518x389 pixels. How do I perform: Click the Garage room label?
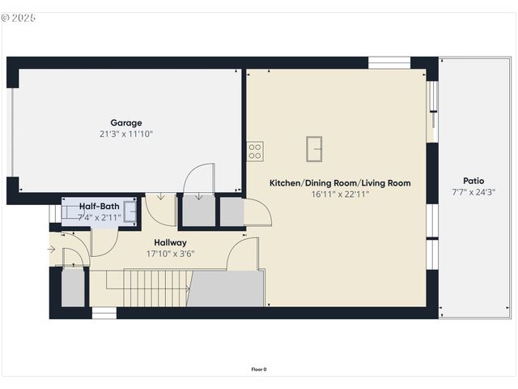126,123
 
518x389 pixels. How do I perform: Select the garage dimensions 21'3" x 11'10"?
126,134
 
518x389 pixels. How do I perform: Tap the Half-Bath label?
99,207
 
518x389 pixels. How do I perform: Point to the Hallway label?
170,242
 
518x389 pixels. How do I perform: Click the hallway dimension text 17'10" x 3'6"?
170,254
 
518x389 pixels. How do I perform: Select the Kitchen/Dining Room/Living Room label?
340,183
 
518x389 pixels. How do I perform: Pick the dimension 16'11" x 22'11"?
340,194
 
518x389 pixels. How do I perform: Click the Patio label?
473,181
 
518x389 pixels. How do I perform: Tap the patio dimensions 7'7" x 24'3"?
473,192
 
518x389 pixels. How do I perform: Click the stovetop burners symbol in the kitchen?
255,150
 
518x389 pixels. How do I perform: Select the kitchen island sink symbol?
315,149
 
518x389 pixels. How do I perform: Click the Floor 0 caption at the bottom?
259,370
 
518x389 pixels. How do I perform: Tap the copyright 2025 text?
19,17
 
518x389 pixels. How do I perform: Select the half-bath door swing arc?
104,242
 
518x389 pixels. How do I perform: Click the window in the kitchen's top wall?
389,62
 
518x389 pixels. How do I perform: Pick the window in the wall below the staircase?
104,313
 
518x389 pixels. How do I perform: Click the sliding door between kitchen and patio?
433,105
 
